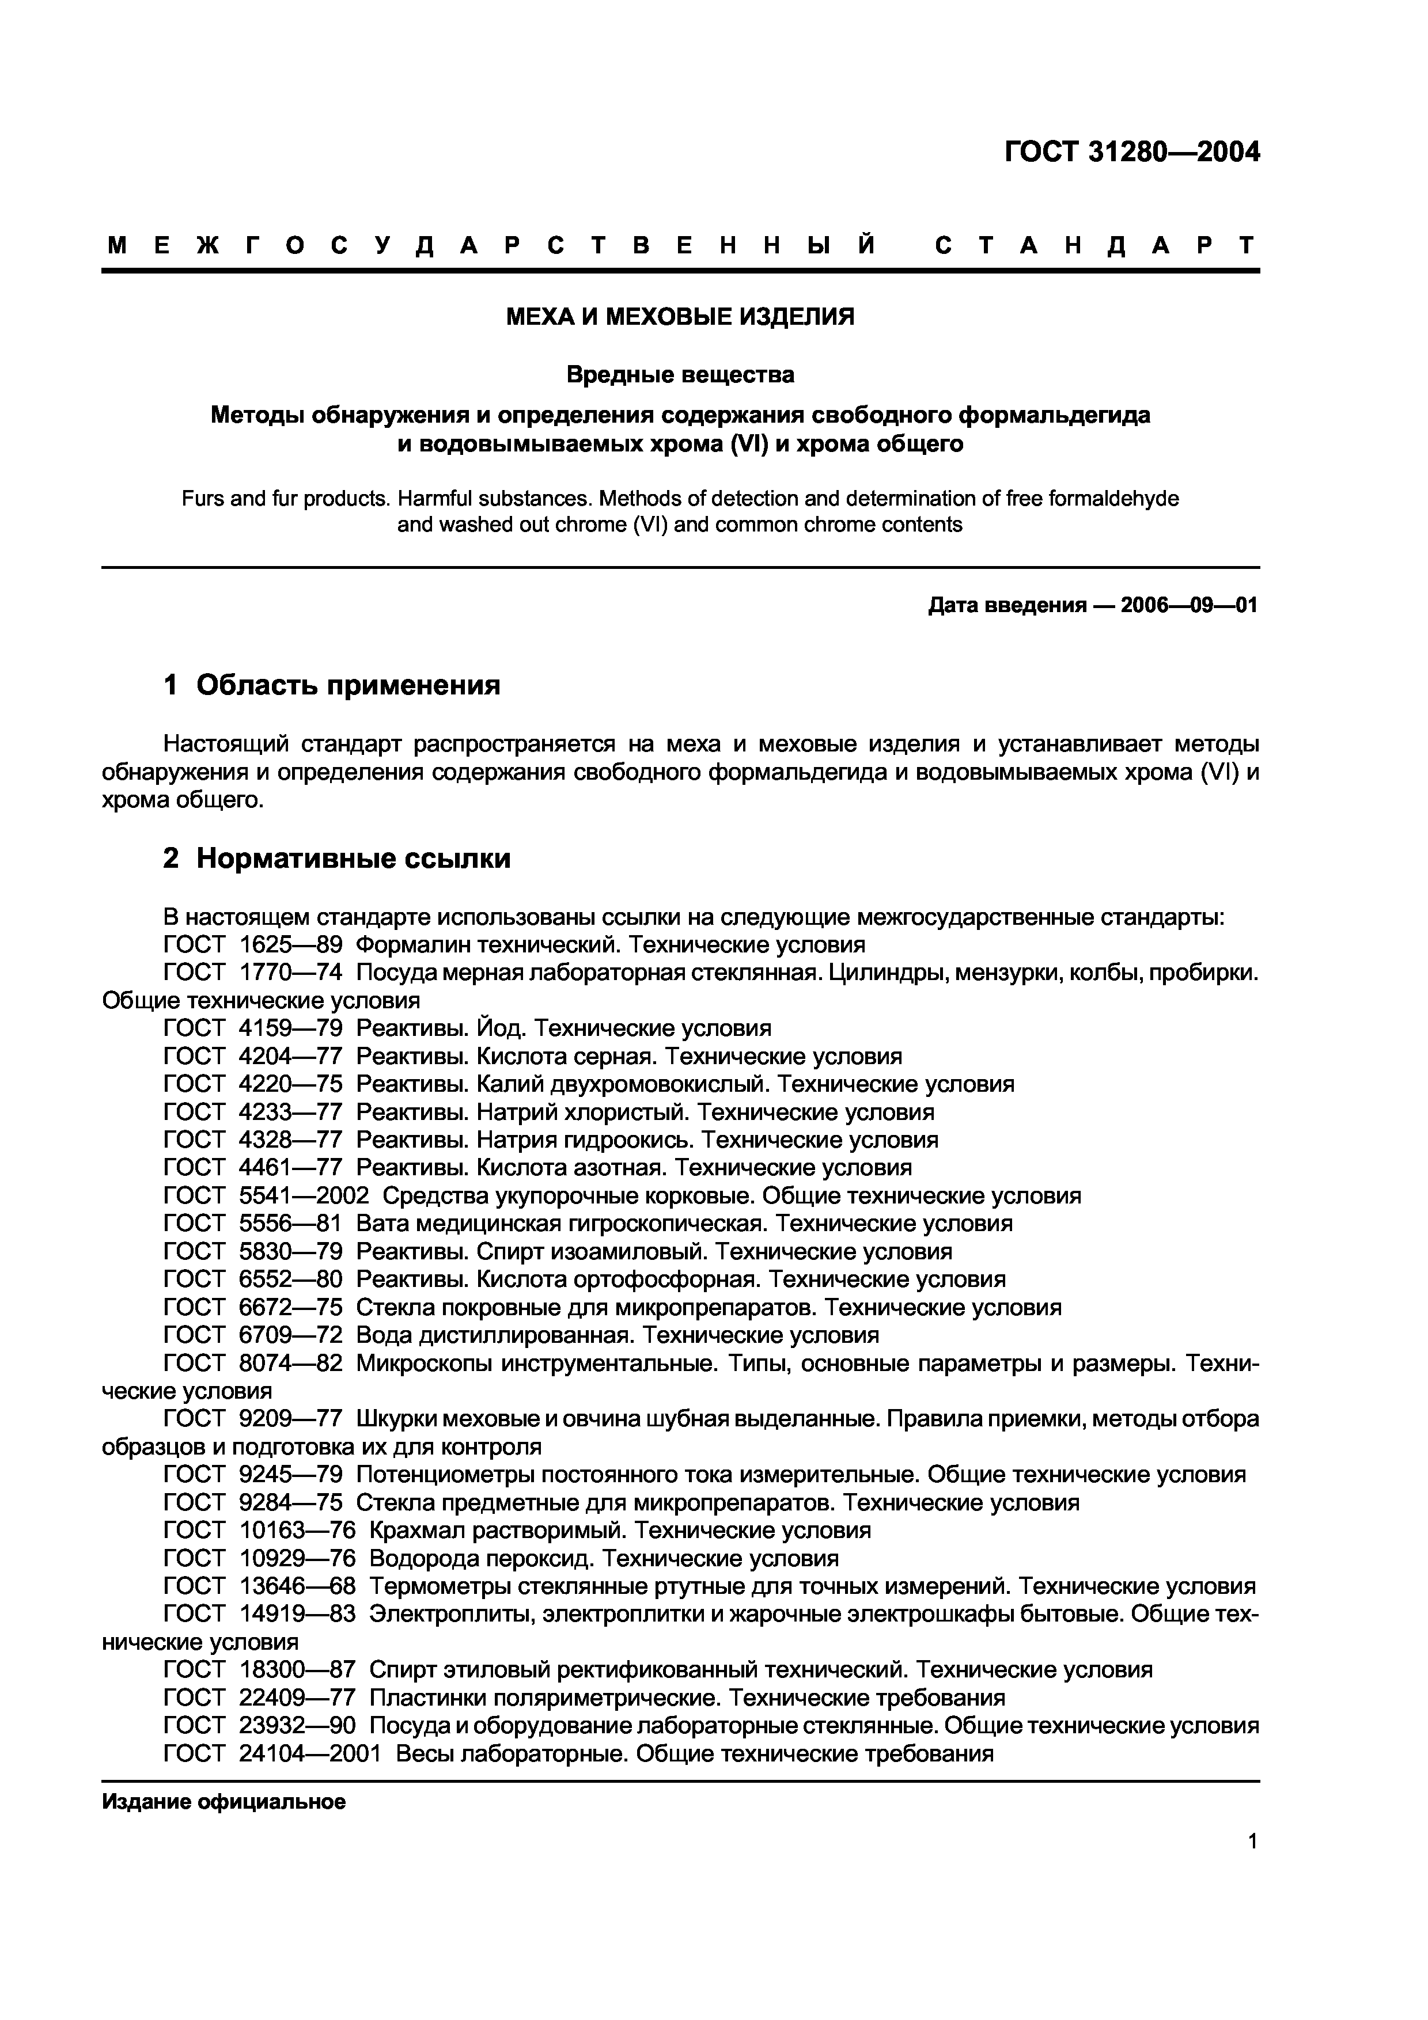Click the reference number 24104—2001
tap(310, 1753)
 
